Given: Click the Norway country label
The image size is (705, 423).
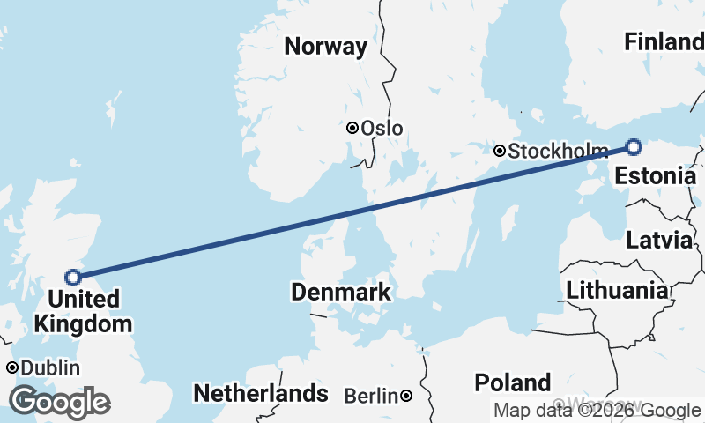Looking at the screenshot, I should [x=325, y=47].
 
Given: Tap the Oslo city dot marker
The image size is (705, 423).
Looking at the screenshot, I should [x=352, y=128].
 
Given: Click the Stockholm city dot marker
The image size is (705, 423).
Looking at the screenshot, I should [x=500, y=151].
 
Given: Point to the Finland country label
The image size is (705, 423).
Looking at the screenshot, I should [x=663, y=41].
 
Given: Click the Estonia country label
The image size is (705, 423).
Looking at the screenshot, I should [x=655, y=175].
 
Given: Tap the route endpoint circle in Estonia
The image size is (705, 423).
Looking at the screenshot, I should [x=633, y=146].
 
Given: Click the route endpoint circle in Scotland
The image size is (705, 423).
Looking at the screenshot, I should [x=73, y=277].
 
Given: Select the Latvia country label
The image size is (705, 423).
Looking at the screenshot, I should [x=659, y=240].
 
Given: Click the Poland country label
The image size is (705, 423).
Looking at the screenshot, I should [x=513, y=382].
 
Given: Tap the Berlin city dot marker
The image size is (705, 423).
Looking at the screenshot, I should [x=406, y=397].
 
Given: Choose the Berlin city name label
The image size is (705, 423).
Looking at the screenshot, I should [x=371, y=397].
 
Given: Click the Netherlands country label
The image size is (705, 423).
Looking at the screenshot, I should [x=261, y=393].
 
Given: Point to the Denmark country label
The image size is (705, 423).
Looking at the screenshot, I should [x=341, y=292].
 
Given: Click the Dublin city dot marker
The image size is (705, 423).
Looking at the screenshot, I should [x=12, y=367].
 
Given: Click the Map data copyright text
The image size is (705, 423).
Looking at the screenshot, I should [x=597, y=410].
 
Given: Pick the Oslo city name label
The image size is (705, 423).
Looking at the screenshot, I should [x=382, y=129].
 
